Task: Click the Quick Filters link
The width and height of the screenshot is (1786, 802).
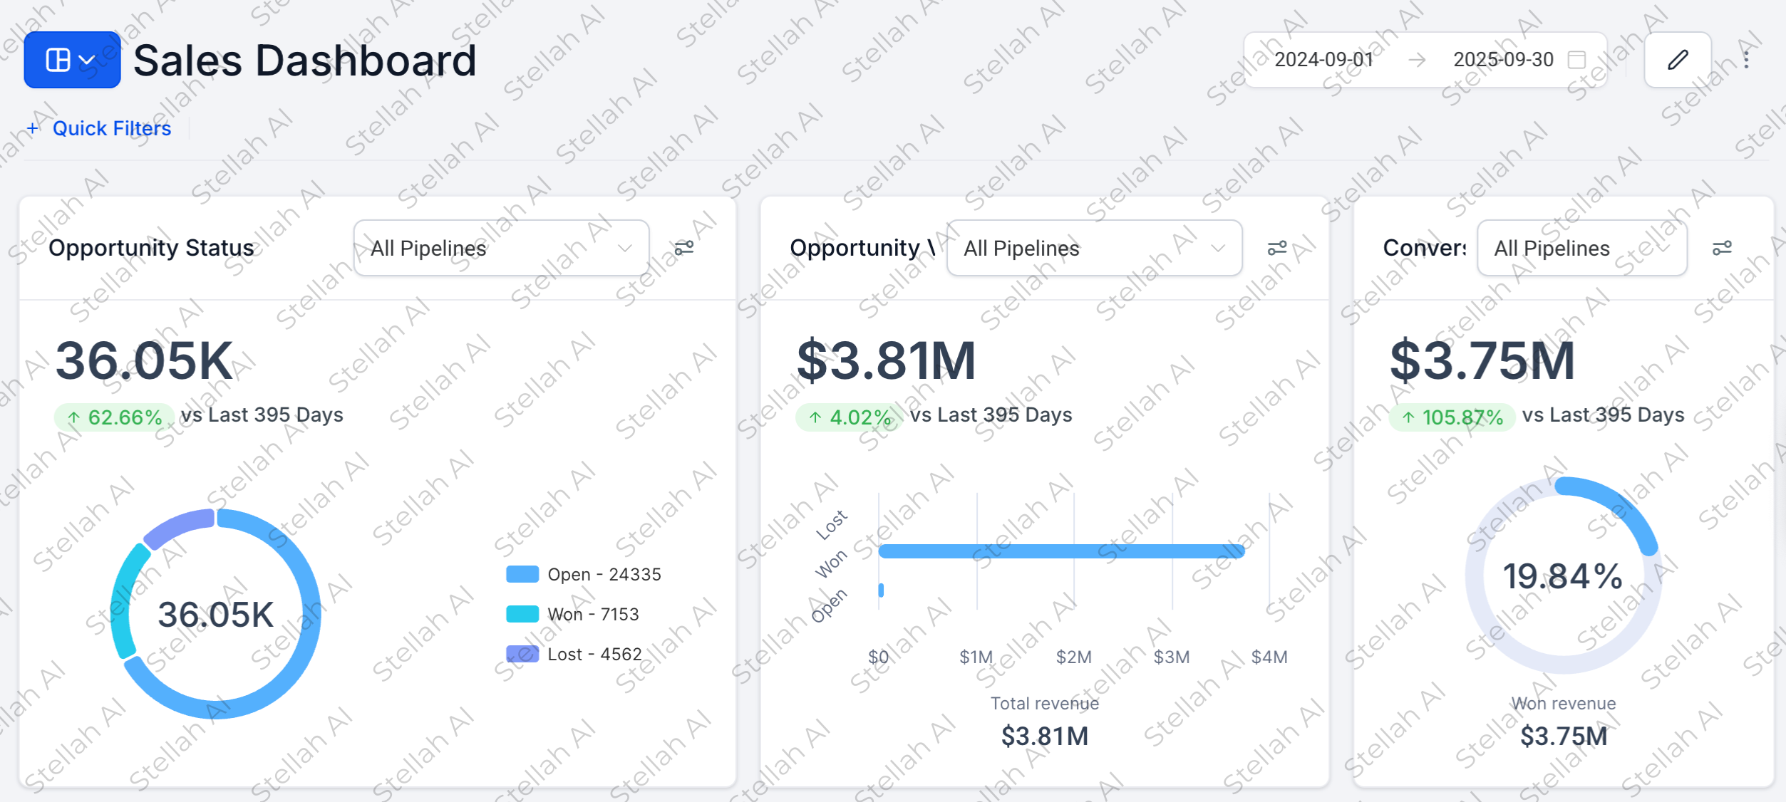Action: pyautogui.click(x=111, y=128)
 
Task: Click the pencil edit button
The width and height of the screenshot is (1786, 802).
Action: pyautogui.click(x=1677, y=60)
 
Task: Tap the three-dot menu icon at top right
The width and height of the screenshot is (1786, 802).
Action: pyautogui.click(x=1746, y=60)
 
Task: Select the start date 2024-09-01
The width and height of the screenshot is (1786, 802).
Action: pyautogui.click(x=1323, y=60)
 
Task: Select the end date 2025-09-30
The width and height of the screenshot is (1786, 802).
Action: pyautogui.click(x=1502, y=60)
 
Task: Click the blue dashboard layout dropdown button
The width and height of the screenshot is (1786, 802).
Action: pyautogui.click(x=72, y=60)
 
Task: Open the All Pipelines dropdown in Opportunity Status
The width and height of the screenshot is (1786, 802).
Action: pyautogui.click(x=501, y=248)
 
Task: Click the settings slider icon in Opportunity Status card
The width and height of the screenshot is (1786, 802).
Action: pyautogui.click(x=683, y=248)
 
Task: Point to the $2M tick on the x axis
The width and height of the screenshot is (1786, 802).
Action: pyautogui.click(x=1073, y=657)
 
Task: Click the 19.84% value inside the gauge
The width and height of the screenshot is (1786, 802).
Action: pyautogui.click(x=1562, y=576)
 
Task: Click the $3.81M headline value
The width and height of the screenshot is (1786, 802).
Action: pyautogui.click(x=886, y=361)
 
